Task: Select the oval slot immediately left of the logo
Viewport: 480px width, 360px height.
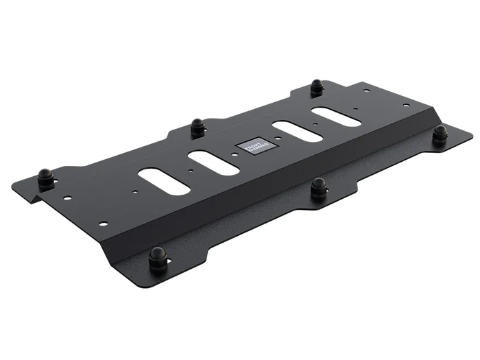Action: tap(214, 163)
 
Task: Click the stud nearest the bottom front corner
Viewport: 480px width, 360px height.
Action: tap(157, 259)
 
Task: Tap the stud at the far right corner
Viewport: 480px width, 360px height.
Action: tap(440, 134)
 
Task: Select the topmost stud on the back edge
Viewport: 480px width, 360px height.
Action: tap(316, 87)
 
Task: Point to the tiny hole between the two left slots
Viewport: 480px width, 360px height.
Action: tap(187, 171)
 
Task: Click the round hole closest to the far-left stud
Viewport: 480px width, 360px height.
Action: tap(67, 197)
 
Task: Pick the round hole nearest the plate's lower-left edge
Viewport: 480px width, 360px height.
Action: tap(103, 224)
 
